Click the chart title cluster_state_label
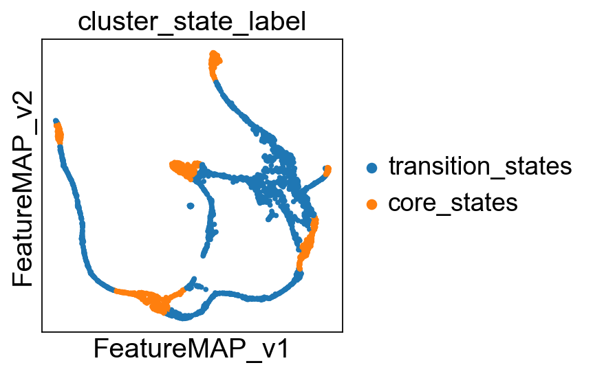point(192,21)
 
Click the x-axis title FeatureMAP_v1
point(191,349)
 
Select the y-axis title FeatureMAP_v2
point(22,188)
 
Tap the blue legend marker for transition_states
point(372,167)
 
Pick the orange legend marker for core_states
point(372,204)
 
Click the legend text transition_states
point(480,166)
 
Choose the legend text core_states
point(453,203)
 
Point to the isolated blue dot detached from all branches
point(191,206)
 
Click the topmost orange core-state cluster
point(215,63)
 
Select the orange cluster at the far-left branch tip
point(58,132)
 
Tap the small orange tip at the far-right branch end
point(327,170)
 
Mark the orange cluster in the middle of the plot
point(185,169)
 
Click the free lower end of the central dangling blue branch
point(203,256)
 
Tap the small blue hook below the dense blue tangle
point(272,216)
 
